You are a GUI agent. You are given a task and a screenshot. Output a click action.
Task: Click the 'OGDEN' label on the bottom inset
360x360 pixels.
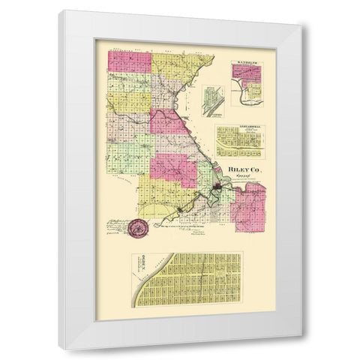pyautogui.click(x=139, y=263)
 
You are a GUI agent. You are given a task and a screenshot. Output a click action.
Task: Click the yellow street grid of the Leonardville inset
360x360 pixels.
pyautogui.click(x=238, y=142)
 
